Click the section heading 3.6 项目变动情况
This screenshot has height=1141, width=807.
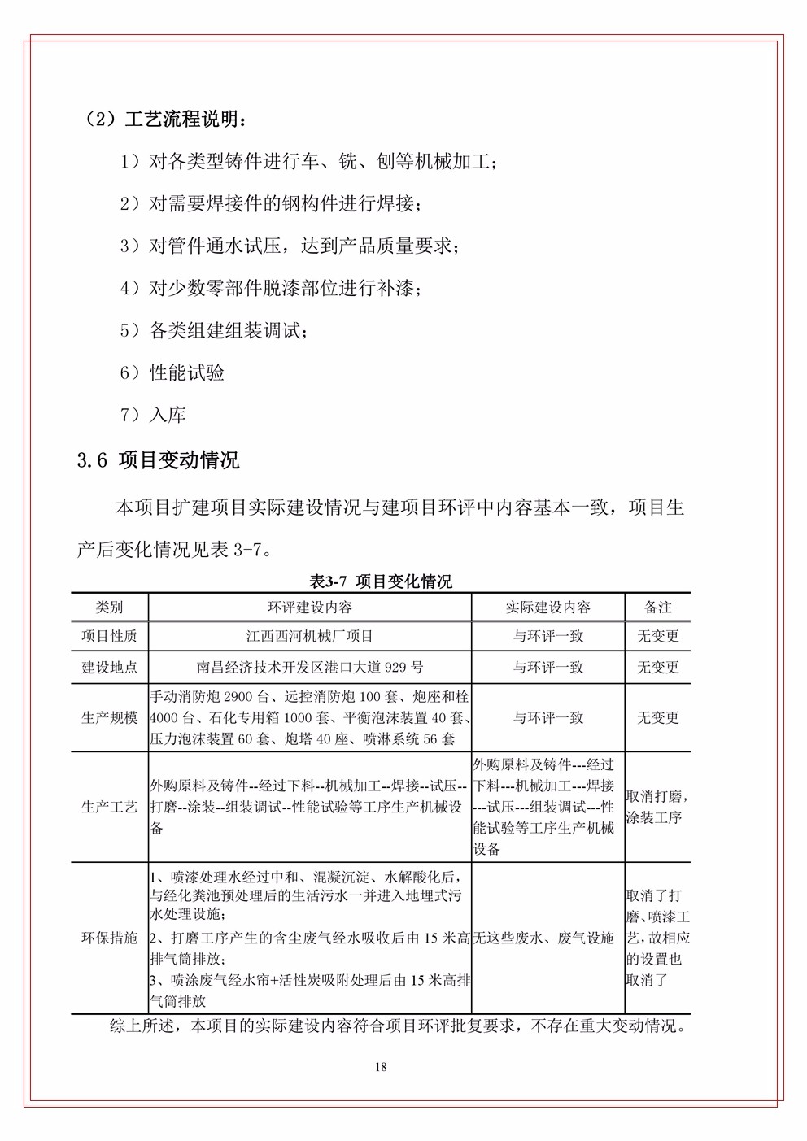click(158, 460)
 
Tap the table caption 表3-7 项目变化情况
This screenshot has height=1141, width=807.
click(381, 581)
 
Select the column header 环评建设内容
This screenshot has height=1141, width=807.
click(309, 608)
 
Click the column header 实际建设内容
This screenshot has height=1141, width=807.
click(547, 608)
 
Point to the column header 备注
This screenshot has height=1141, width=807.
click(657, 608)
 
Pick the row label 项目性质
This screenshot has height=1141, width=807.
click(109, 636)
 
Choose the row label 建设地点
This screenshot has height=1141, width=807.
click(109, 668)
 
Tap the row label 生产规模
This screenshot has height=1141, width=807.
click(109, 718)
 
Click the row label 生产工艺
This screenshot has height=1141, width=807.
click(109, 807)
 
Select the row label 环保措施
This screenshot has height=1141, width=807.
click(109, 938)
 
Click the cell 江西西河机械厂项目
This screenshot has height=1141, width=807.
click(309, 636)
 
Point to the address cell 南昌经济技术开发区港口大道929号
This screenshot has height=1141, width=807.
click(309, 668)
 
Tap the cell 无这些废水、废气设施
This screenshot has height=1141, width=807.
click(543, 938)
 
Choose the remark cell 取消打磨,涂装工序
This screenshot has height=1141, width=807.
click(655, 807)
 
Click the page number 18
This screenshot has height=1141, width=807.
click(381, 1067)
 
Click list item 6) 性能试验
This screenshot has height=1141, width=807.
click(172, 373)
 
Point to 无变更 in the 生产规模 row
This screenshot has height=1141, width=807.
click(657, 718)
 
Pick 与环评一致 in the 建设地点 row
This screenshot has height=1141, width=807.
click(547, 668)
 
